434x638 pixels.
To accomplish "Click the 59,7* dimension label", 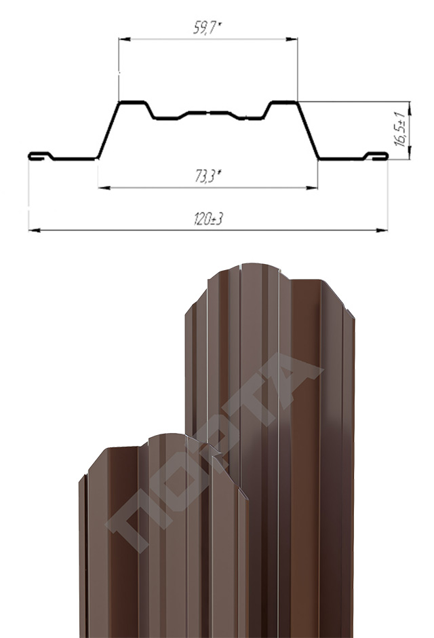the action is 207,28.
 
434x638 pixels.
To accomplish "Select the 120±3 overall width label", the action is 208,219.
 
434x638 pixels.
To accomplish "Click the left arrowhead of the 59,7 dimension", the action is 124,39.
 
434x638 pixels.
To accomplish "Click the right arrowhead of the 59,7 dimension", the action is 292,39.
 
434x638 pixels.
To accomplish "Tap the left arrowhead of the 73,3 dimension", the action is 104,188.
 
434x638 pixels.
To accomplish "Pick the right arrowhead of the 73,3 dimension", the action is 312,188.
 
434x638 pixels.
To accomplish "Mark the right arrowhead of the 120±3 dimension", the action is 382,231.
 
